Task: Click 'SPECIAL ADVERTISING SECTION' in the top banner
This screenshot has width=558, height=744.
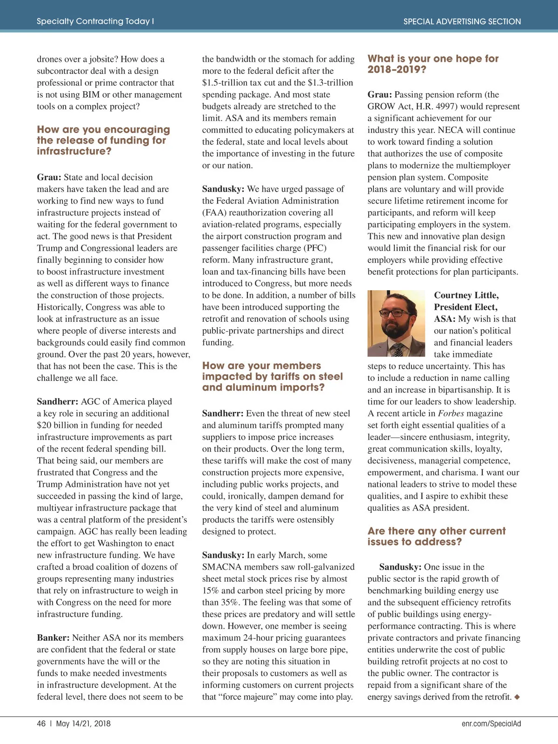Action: coord(462,21)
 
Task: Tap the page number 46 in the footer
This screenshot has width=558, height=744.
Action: coord(41,724)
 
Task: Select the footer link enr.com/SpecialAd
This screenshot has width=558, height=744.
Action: coord(491,724)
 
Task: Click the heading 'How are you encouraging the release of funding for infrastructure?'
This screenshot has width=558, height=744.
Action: coord(103,140)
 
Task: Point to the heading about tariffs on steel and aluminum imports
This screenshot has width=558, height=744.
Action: coord(272,377)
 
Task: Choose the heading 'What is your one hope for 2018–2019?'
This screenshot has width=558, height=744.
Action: coord(432,64)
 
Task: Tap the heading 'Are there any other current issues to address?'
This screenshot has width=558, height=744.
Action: coord(436,537)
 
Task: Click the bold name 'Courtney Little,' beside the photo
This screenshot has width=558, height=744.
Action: coord(466,295)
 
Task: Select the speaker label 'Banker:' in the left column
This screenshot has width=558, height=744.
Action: coord(53,638)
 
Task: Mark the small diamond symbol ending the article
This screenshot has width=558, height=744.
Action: coord(517,697)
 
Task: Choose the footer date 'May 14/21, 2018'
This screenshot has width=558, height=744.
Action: coord(83,724)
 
